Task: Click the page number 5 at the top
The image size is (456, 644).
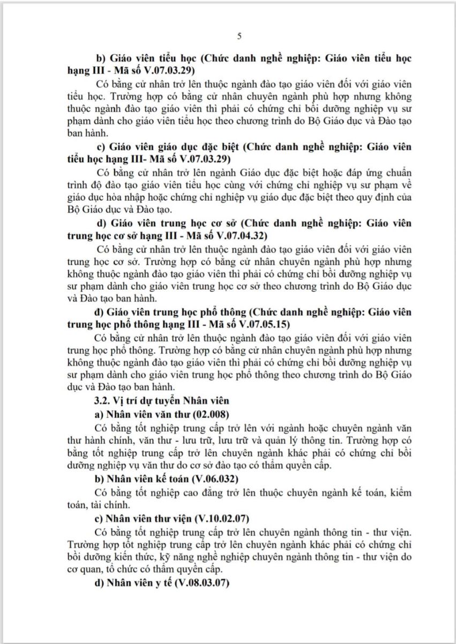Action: pyautogui.click(x=240, y=36)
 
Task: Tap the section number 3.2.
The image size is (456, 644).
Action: pyautogui.click(x=102, y=400)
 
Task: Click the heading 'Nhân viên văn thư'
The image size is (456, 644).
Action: pyautogui.click(x=144, y=414)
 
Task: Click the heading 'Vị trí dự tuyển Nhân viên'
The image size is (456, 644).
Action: pyautogui.click(x=168, y=400)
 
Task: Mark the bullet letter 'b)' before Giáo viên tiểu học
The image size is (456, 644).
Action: pyautogui.click(x=99, y=58)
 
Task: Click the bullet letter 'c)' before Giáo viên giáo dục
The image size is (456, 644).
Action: pyautogui.click(x=99, y=146)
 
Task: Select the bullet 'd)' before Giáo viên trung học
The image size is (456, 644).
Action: pyautogui.click(x=99, y=222)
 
